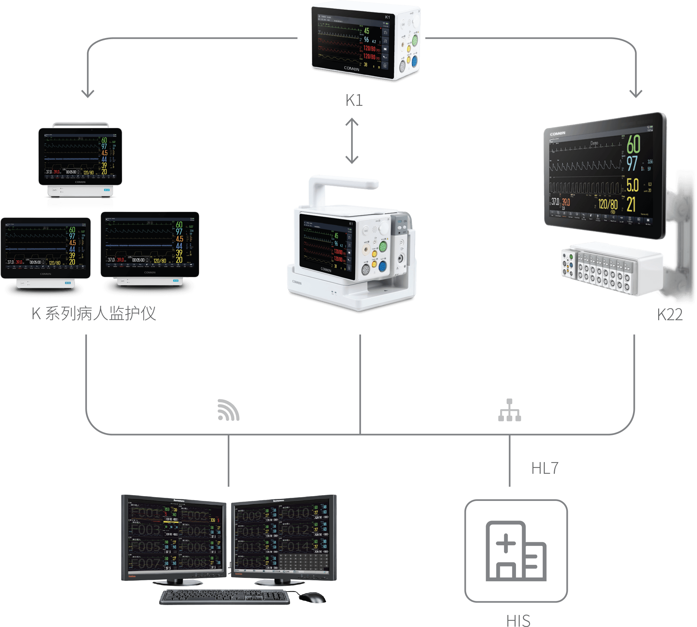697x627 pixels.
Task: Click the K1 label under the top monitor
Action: coord(354,100)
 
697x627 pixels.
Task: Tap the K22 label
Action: coord(670,315)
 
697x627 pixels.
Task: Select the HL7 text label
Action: coord(544,468)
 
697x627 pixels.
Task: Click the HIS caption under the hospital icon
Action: coord(518,620)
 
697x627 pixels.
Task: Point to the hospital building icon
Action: coord(516,551)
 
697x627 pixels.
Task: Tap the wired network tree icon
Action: coord(509,410)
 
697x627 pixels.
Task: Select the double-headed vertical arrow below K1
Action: coord(352,141)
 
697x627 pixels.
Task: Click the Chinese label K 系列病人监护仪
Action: coord(94,313)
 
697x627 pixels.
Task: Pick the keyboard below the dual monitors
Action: coord(225,597)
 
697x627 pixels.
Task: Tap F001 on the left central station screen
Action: coord(146,513)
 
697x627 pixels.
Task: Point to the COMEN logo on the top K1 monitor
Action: coord(351,69)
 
